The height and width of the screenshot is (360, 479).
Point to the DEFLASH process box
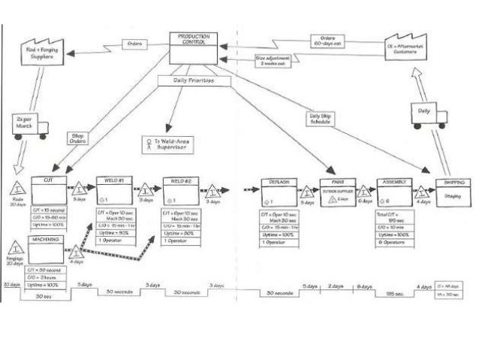click(x=280, y=192)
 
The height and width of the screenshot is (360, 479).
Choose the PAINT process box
click(x=337, y=191)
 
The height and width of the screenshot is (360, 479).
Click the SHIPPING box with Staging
click(x=452, y=191)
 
